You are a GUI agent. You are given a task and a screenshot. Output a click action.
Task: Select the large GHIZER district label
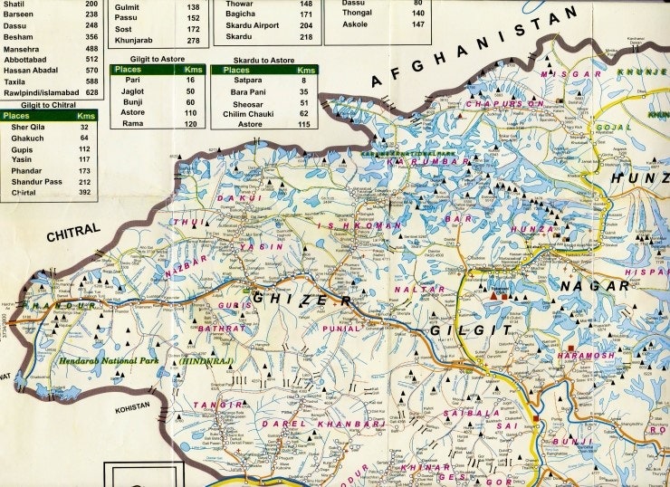[x=301, y=298]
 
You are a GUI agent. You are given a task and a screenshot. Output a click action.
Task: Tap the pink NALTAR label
[x=419, y=290]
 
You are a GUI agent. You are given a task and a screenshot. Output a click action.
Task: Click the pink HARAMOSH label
[x=585, y=356]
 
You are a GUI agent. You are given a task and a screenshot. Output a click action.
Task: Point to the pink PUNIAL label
[x=341, y=329]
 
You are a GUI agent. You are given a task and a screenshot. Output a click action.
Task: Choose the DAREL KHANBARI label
[x=323, y=423]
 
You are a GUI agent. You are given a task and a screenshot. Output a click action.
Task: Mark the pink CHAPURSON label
[x=505, y=104]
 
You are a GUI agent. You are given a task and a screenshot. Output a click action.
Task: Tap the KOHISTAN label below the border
[x=132, y=410]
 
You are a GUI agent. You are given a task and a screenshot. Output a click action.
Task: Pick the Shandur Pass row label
[x=37, y=182]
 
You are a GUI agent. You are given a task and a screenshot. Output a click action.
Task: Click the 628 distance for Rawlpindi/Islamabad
[x=91, y=91]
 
